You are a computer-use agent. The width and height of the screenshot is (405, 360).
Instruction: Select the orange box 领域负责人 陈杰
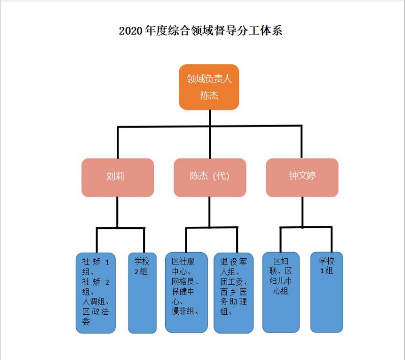[x=209, y=87]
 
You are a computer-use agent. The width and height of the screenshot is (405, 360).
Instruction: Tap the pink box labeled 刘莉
[x=117, y=177]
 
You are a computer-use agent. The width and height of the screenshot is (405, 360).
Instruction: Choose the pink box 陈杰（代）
[x=209, y=177]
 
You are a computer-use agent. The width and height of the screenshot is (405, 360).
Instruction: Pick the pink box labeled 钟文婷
[x=302, y=177]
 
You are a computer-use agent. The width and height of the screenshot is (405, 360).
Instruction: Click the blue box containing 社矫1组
[x=96, y=292]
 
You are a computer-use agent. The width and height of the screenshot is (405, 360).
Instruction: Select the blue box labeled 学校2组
[x=142, y=292]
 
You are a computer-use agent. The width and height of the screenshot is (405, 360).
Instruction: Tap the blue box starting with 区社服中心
[x=186, y=292]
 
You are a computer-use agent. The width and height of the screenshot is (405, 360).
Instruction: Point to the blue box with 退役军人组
[x=233, y=292]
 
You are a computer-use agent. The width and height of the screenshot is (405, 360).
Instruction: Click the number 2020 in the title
[x=130, y=31]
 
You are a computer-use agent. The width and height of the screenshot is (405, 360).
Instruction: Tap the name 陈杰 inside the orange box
[x=209, y=95]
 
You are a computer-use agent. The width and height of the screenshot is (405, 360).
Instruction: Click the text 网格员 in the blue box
[x=184, y=281]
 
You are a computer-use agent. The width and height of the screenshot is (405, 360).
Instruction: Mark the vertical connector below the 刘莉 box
[x=117, y=212]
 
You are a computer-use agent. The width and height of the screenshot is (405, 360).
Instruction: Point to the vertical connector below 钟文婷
[x=302, y=212]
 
